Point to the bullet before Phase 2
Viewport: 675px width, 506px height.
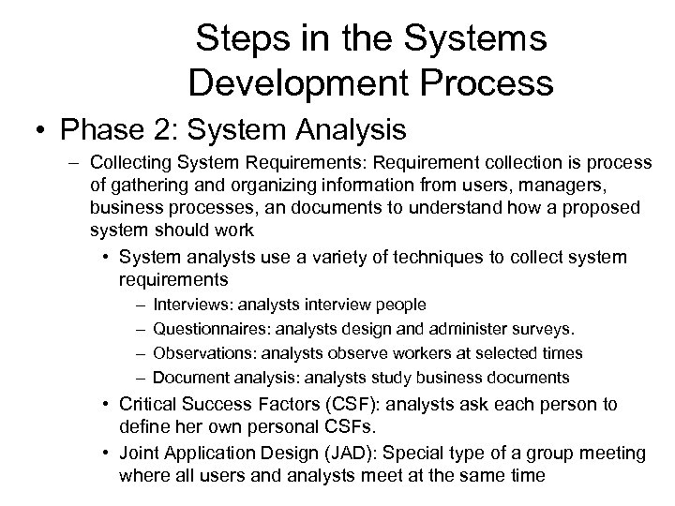pos(34,127)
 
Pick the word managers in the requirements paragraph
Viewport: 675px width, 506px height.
pos(594,185)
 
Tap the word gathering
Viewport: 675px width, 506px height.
pos(148,185)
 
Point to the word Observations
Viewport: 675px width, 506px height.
pos(205,354)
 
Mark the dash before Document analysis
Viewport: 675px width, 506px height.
pos(140,379)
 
